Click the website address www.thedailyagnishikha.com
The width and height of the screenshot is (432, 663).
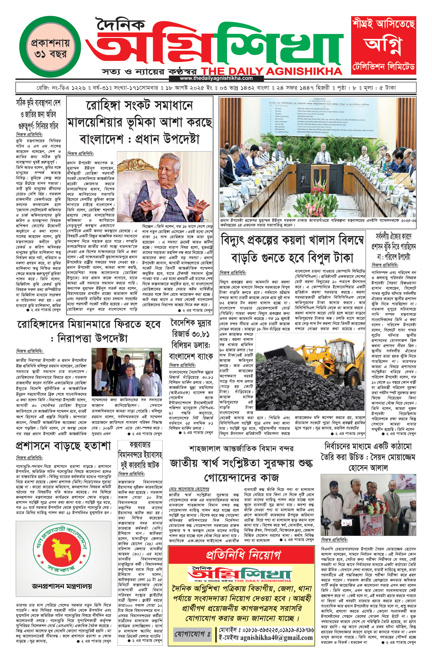pyautogui.click(x=216, y=78)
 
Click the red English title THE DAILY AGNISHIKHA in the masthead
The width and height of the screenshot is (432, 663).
pyautogui.click(x=272, y=71)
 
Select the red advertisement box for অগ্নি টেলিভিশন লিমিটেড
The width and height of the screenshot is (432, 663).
pyautogui.click(x=384, y=45)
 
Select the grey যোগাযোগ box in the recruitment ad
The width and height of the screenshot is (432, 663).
pyautogui.click(x=193, y=634)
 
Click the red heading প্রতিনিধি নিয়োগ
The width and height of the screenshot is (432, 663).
pyautogui.click(x=243, y=555)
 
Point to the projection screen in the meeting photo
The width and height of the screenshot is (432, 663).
pyautogui.click(x=318, y=117)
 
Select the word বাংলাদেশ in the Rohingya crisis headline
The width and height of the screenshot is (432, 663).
pyautogui.click(x=102, y=139)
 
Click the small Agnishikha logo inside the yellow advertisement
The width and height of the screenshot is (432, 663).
pyautogui.click(x=241, y=574)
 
